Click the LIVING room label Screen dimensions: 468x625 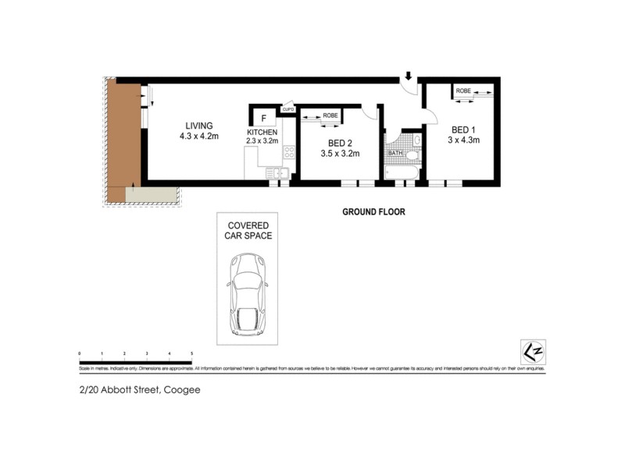click(x=198, y=126)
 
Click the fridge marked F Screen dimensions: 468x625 click(x=264, y=119)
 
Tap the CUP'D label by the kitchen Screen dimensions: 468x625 click(x=287, y=109)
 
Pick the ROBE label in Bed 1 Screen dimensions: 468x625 click(x=463, y=91)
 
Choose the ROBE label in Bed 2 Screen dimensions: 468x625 click(x=330, y=115)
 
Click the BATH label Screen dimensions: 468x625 click(x=395, y=153)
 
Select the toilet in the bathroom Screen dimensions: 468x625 click(x=412, y=155)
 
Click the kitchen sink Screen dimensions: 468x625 click(x=279, y=172)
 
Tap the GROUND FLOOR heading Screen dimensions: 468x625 click(x=373, y=211)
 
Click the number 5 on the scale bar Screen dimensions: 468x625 click(x=191, y=354)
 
